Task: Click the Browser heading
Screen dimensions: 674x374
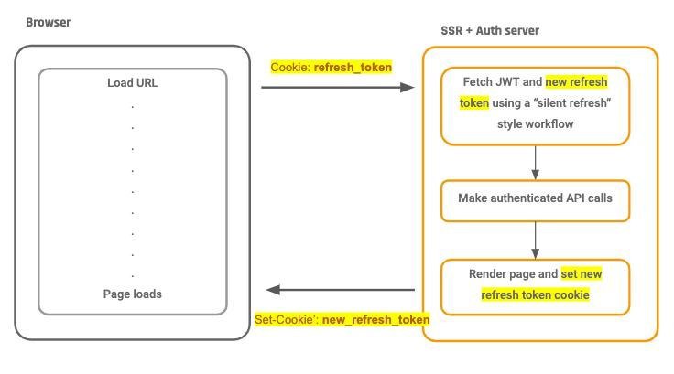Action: [x=49, y=22]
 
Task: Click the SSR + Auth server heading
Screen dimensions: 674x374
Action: [x=490, y=30]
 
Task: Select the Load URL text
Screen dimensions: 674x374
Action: [x=133, y=83]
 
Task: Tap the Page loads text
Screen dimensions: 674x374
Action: [x=133, y=294]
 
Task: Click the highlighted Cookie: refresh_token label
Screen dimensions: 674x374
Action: [x=331, y=68]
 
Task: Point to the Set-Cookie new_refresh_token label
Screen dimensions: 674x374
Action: [x=342, y=320]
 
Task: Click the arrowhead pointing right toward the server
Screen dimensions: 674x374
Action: [x=408, y=88]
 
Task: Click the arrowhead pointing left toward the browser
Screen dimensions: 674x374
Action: [x=274, y=290]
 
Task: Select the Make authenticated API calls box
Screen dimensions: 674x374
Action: [x=535, y=201]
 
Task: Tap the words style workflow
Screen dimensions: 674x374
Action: [x=535, y=124]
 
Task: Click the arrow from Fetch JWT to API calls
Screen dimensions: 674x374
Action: [x=535, y=163]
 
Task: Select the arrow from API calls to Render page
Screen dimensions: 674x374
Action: [x=535, y=240]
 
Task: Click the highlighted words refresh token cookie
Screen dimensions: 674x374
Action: [x=535, y=295]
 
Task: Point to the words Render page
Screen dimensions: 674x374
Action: [x=502, y=274]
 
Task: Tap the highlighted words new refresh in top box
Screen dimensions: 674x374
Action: [x=576, y=81]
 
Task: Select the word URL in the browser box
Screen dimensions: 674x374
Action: [x=147, y=83]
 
